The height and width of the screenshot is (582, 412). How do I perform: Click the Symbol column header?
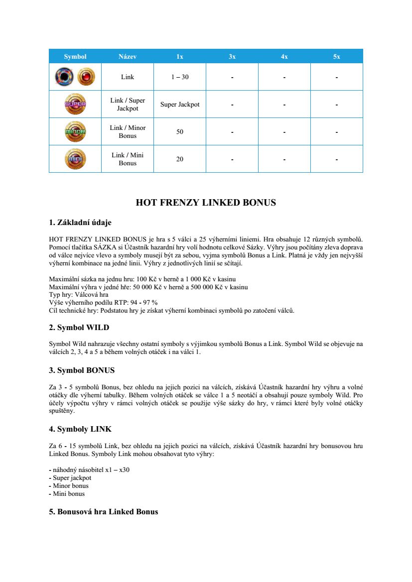[75, 57]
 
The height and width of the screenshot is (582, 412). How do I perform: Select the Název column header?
[128, 57]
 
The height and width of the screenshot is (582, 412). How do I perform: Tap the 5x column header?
[337, 57]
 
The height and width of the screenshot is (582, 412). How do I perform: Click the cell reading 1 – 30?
[180, 77]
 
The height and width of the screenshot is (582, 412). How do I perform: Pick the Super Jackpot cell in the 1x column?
[180, 105]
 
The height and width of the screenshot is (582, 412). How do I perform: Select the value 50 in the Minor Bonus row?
[180, 132]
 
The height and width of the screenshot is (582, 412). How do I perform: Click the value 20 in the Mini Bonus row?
[180, 159]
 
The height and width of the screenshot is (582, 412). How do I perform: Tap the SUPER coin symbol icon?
[75, 105]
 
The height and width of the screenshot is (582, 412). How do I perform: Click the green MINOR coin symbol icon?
[75, 132]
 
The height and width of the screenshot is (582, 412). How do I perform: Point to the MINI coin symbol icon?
[75, 159]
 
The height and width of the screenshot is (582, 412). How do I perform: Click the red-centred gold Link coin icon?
[86, 77]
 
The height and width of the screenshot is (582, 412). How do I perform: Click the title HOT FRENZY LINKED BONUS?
[206, 203]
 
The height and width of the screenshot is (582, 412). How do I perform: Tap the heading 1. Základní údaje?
[83, 223]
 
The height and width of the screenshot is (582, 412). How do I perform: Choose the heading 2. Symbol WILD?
[79, 328]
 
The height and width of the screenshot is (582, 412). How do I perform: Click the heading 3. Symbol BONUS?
[82, 370]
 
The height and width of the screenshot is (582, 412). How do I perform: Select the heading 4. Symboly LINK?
[80, 429]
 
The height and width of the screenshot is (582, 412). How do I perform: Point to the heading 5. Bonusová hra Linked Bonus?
[104, 512]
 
